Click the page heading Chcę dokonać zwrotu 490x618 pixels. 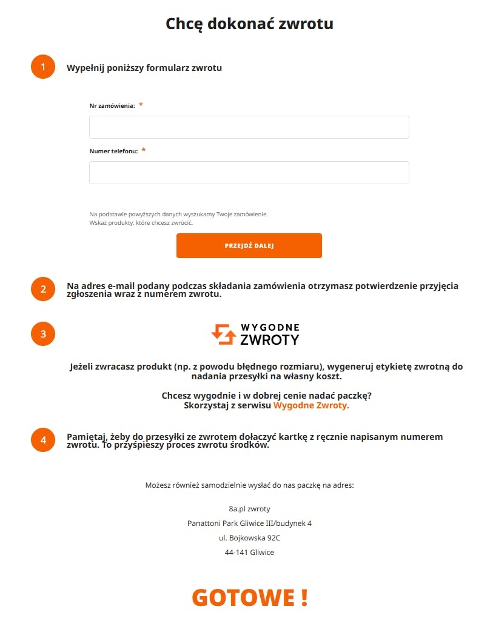[x=249, y=24]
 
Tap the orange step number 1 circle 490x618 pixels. [x=43, y=67]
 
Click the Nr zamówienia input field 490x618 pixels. [x=249, y=127]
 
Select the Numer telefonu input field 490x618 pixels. [x=249, y=173]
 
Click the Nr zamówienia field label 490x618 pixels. [x=112, y=106]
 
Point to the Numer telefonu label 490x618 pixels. [x=113, y=151]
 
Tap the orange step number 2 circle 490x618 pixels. [x=43, y=289]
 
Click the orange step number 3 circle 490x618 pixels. [x=43, y=334]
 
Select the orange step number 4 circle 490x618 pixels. [x=43, y=440]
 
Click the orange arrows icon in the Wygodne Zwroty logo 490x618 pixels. [x=223, y=334]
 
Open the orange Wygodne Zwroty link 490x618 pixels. [x=311, y=406]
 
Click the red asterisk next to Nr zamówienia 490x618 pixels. [x=141, y=105]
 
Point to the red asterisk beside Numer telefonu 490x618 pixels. [x=144, y=151]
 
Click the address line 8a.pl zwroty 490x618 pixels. [x=249, y=509]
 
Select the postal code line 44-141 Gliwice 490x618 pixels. [x=249, y=553]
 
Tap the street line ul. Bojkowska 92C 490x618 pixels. [x=249, y=538]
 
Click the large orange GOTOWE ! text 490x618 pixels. [x=249, y=597]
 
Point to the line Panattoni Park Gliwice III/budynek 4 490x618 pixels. [x=249, y=523]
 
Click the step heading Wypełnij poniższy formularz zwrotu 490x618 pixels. [x=144, y=68]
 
